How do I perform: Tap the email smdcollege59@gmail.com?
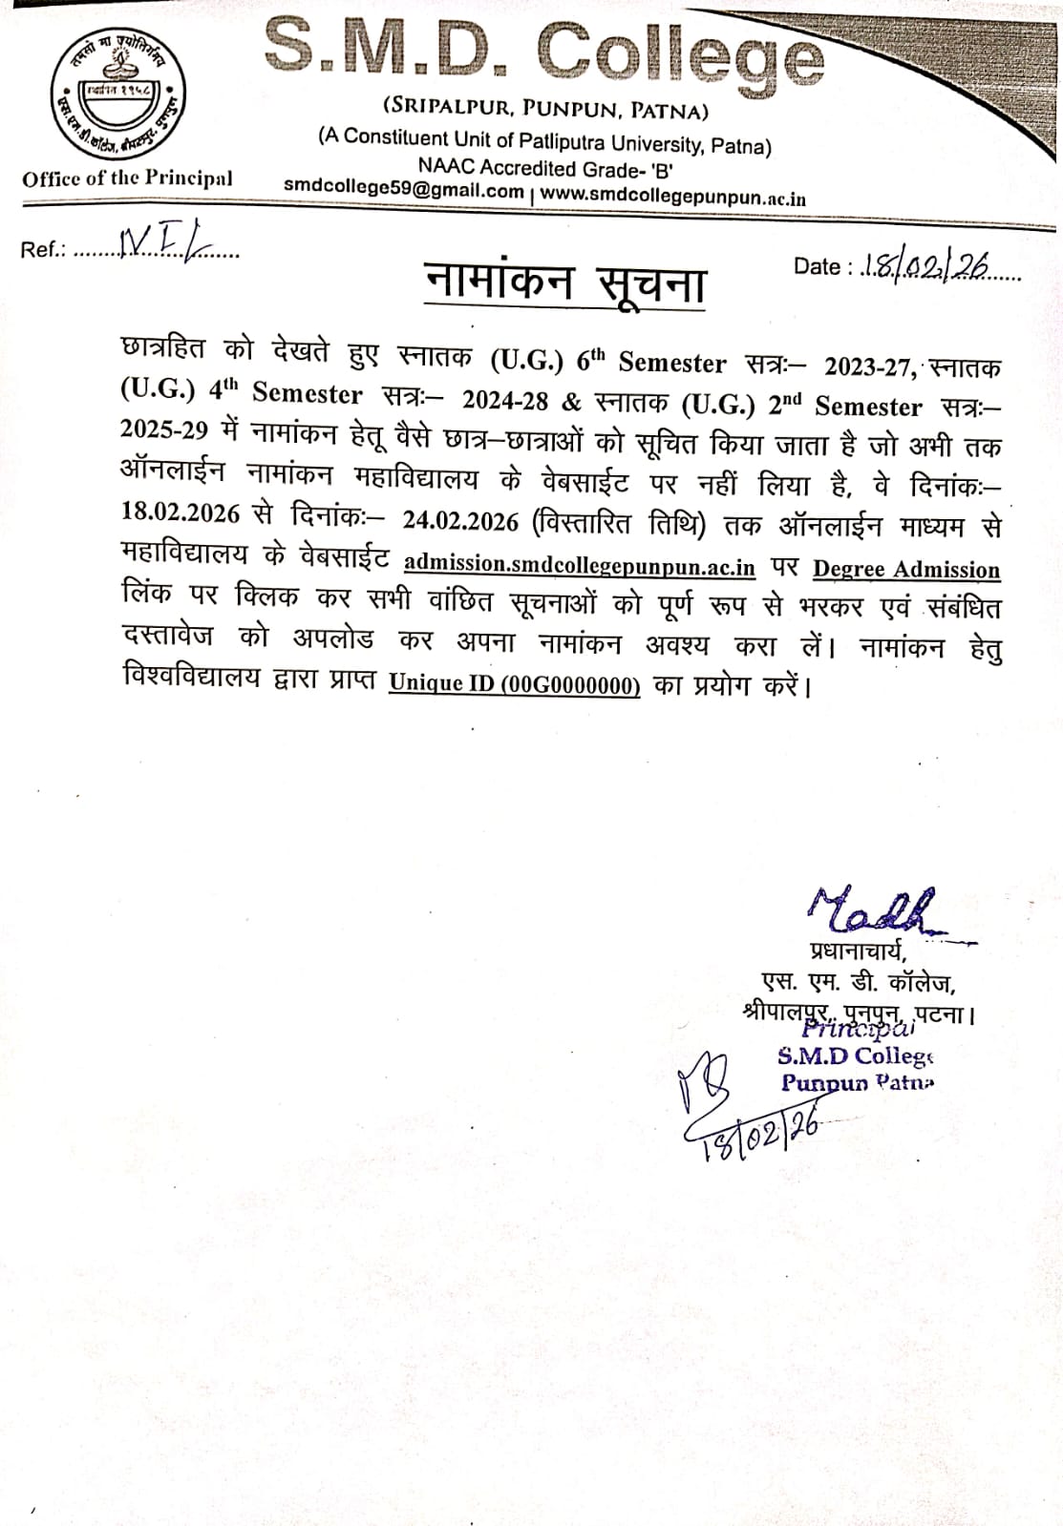[404, 189]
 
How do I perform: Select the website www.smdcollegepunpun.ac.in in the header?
[673, 197]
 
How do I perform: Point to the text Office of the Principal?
[127, 178]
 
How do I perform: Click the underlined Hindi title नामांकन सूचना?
[565, 283]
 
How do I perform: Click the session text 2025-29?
[164, 429]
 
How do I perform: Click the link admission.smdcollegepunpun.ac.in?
[579, 564]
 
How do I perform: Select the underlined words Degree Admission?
[905, 570]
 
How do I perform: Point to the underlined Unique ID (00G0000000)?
[514, 684]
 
